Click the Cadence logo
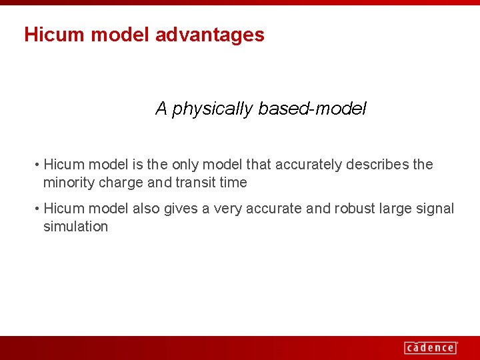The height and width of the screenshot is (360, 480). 431,347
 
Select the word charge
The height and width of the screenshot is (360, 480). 120,183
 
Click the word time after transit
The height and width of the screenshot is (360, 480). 233,183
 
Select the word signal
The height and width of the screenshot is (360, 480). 435,209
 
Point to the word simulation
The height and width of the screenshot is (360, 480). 75,227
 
